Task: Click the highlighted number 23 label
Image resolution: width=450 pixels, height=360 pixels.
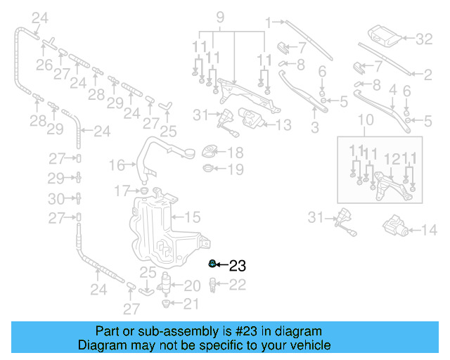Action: point(238,266)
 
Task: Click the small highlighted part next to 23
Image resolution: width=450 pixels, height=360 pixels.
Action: point(212,264)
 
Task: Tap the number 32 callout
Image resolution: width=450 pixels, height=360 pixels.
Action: point(424,39)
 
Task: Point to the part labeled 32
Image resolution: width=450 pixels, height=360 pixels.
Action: point(383,36)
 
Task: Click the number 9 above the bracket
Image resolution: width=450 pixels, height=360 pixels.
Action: point(219,16)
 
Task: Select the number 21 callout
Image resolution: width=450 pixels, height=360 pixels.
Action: point(192,304)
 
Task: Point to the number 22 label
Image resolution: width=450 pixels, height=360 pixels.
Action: point(238,285)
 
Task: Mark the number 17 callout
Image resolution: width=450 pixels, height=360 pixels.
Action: point(122,190)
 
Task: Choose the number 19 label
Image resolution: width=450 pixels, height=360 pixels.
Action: point(236,169)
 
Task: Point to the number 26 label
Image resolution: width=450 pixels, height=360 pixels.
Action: point(44,66)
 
